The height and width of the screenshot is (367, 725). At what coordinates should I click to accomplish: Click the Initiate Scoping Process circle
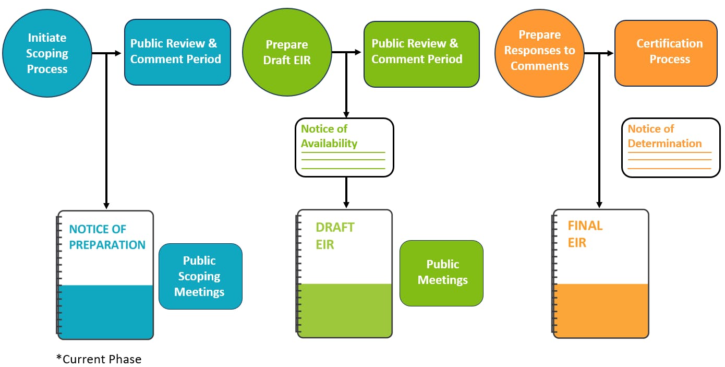[47, 53]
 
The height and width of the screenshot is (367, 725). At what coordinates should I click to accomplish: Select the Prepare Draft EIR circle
[287, 53]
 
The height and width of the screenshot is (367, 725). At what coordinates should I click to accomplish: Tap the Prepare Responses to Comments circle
[539, 51]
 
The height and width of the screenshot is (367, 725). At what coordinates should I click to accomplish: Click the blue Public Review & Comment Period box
[177, 52]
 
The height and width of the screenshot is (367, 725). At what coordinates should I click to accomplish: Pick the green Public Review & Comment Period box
[421, 54]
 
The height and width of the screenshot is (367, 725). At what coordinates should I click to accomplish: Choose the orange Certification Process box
[666, 53]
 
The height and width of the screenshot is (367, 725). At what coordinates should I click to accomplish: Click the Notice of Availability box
[344, 147]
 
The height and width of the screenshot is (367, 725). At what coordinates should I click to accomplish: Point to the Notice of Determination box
[670, 148]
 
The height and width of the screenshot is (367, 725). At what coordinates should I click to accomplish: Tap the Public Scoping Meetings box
[200, 276]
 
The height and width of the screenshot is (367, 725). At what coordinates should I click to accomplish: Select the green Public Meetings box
[441, 273]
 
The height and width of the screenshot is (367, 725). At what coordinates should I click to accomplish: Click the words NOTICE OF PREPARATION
[107, 237]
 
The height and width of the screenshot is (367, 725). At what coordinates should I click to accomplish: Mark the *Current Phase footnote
[99, 359]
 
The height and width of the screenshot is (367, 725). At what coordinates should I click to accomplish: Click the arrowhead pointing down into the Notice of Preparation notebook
[106, 205]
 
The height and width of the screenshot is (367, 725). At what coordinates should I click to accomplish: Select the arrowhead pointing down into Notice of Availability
[346, 114]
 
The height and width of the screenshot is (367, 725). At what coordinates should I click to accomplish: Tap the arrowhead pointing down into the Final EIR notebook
[599, 204]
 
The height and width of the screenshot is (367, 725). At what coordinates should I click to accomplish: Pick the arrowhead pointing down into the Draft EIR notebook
[346, 204]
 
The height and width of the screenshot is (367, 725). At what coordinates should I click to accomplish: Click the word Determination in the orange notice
[664, 144]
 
